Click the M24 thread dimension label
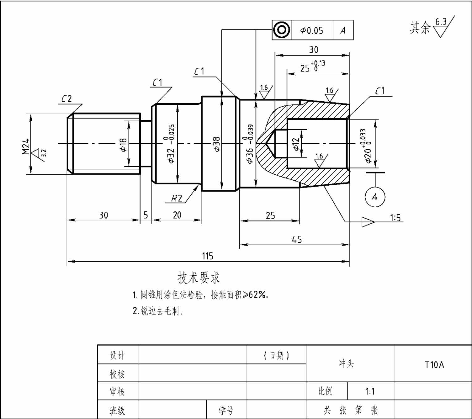coord(26,146)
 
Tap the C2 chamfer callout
coord(66,99)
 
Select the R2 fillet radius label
coord(177,198)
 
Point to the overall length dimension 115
coord(207,256)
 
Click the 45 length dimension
coord(297,240)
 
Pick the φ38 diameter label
coord(216,144)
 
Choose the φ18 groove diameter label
coord(123,145)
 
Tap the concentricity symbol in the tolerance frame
coord(281,30)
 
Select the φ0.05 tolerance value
coord(311,30)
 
